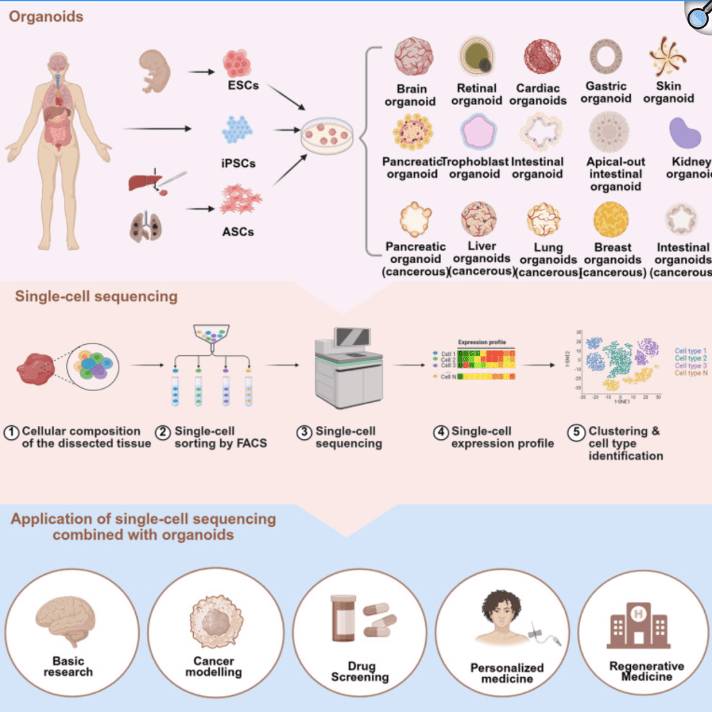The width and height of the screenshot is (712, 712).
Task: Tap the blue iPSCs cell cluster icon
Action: pos(237,129)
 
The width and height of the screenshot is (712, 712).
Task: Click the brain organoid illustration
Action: pos(413,57)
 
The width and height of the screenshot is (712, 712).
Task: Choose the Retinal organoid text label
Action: pos(477,94)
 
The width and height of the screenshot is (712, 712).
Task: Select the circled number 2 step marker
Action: pos(163,432)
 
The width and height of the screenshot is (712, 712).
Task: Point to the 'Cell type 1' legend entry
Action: pos(690,351)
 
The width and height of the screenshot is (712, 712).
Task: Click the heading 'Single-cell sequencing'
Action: pos(96,297)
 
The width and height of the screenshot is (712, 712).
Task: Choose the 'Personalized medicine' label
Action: pos(506,673)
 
